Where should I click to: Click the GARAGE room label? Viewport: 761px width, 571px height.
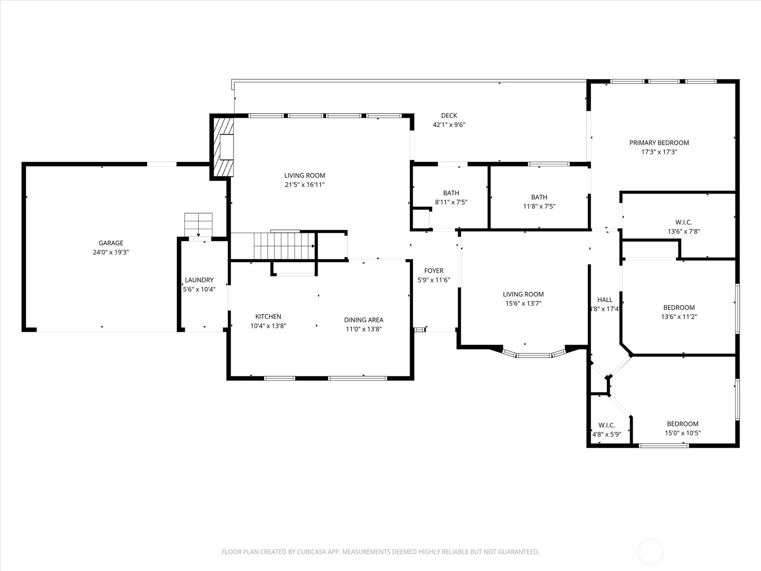(111, 243)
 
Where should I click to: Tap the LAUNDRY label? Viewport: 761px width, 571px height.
(199, 280)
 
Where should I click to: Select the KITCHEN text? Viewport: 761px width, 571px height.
(268, 316)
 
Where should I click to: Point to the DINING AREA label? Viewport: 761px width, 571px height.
(364, 320)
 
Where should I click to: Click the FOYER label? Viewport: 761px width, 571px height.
(434, 270)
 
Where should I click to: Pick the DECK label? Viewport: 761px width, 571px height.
(449, 116)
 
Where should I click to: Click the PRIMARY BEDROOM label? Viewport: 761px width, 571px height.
(659, 142)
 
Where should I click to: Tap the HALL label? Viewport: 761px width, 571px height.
(605, 300)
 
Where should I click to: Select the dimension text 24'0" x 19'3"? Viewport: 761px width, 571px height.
(111, 252)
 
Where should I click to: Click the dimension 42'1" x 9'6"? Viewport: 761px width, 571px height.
(449, 125)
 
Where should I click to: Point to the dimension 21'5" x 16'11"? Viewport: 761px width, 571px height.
(305, 185)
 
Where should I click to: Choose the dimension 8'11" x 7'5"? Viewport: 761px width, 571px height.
(451, 202)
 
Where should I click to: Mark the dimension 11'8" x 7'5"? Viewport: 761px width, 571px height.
(539, 207)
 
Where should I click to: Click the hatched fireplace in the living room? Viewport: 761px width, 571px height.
(223, 147)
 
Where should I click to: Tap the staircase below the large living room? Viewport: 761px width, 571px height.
(284, 246)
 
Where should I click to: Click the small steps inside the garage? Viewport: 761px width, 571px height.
(198, 225)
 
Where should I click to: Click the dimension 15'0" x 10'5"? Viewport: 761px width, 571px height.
(683, 433)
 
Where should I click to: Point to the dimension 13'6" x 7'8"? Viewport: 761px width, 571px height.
(683, 231)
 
